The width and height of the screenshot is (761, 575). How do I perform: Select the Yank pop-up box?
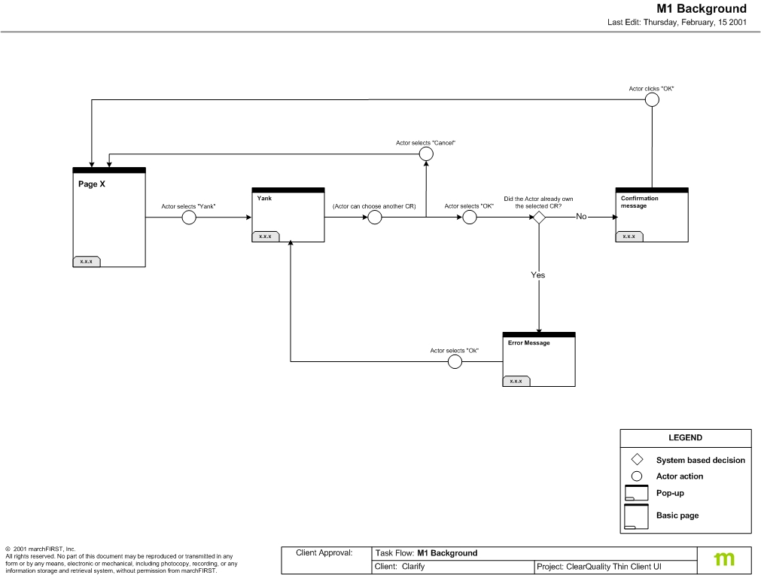pos(288,215)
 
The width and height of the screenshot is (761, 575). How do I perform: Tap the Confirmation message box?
pos(651,215)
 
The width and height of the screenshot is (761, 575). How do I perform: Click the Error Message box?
pos(538,360)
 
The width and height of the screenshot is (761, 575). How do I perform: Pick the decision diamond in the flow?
pos(539,218)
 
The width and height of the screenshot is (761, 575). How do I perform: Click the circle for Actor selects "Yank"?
pos(189,218)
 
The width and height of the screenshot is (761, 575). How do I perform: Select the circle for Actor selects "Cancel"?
pos(426,154)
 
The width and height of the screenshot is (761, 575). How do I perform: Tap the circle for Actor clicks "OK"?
pos(652,100)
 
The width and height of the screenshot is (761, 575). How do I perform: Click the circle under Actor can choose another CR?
pos(374,218)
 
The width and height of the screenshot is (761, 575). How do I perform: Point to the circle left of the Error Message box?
pos(455,362)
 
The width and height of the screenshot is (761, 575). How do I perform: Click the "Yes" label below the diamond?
pos(537,275)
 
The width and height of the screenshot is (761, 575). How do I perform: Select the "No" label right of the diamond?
pos(581,217)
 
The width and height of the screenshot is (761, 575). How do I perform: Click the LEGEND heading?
pos(685,437)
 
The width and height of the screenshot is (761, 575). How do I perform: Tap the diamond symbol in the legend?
pos(637,460)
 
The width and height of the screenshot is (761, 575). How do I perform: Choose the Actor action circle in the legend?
pos(636,476)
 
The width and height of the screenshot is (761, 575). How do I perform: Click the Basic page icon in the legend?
pos(637,516)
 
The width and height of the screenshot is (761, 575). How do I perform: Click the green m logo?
pos(724,558)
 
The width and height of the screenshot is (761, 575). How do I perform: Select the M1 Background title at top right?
pos(702,9)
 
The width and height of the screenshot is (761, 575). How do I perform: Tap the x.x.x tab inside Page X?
pos(87,261)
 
